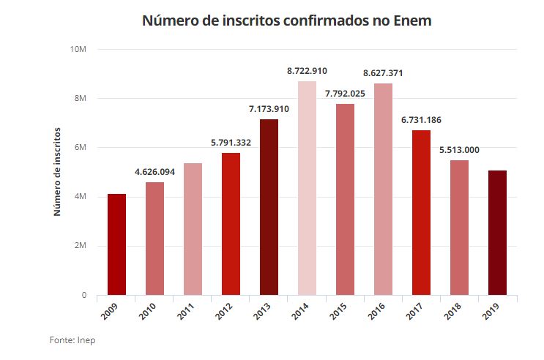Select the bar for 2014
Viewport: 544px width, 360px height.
pyautogui.click(x=307, y=188)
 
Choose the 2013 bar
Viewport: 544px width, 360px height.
pyautogui.click(x=269, y=207)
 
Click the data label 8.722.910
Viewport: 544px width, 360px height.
pyautogui.click(x=307, y=71)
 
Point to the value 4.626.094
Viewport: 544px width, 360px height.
pyautogui.click(x=154, y=172)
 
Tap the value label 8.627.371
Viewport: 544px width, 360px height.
pyautogui.click(x=383, y=73)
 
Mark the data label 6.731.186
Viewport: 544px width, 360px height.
pyautogui.click(x=421, y=120)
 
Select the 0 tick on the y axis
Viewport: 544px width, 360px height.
pyautogui.click(x=83, y=295)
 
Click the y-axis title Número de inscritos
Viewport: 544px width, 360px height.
pyautogui.click(x=56, y=171)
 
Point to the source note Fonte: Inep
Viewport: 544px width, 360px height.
pyautogui.click(x=72, y=340)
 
